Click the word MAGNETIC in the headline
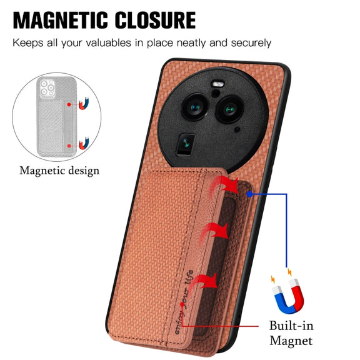(x=61, y=20)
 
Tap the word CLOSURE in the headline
(x=155, y=20)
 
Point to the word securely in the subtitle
(x=251, y=43)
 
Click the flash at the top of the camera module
(x=217, y=84)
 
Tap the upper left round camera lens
(x=195, y=107)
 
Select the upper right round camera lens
(x=229, y=109)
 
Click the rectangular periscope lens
(x=186, y=144)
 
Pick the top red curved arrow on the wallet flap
(x=225, y=184)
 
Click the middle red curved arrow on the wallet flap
(x=214, y=231)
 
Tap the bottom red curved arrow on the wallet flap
(x=204, y=282)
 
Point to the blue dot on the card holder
(x=249, y=194)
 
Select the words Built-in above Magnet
(x=291, y=326)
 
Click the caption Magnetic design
(x=59, y=171)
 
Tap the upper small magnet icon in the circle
(x=84, y=104)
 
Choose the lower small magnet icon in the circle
(x=84, y=144)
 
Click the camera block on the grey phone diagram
(x=47, y=87)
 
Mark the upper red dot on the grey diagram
(x=69, y=104)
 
